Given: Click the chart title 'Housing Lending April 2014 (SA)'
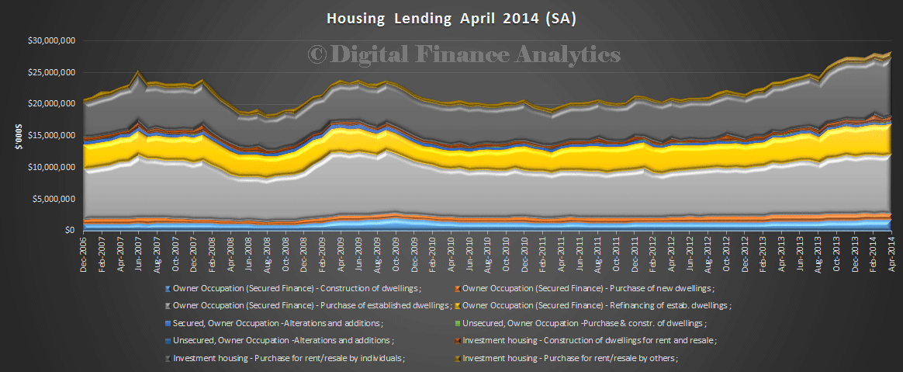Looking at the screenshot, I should [451, 17].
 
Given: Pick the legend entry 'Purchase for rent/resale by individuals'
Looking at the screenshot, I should [289, 358].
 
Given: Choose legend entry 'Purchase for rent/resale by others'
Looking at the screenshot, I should [569, 358].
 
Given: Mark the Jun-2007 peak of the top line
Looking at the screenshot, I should [137, 72].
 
